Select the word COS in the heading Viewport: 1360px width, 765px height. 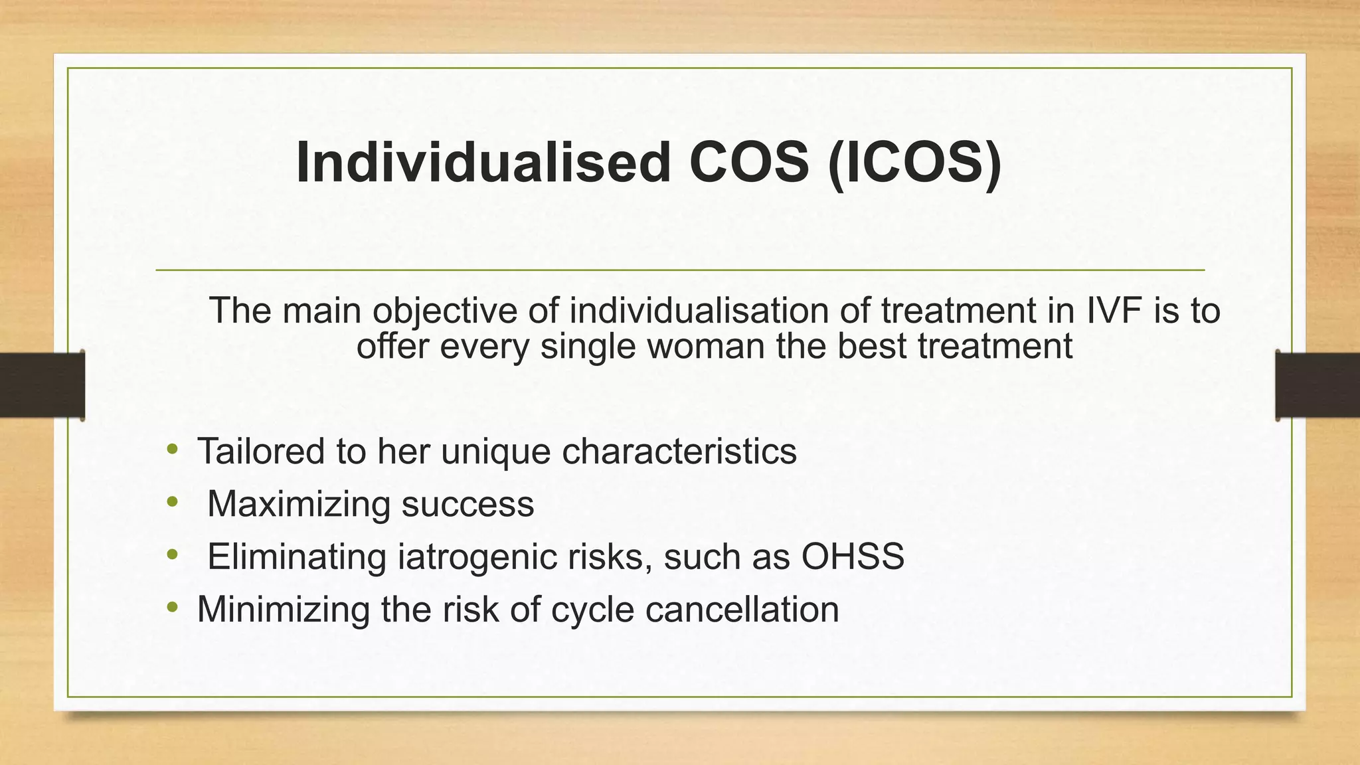(x=748, y=163)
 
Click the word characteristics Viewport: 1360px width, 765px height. (x=679, y=452)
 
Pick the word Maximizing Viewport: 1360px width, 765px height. (x=298, y=504)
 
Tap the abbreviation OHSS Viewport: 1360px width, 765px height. (x=853, y=556)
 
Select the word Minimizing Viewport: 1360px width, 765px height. (x=283, y=609)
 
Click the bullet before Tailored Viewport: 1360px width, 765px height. (x=173, y=450)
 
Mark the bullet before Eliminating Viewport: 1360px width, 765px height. (x=173, y=554)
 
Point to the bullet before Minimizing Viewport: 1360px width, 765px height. (x=173, y=607)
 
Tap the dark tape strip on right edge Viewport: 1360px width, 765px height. (x=1317, y=385)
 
